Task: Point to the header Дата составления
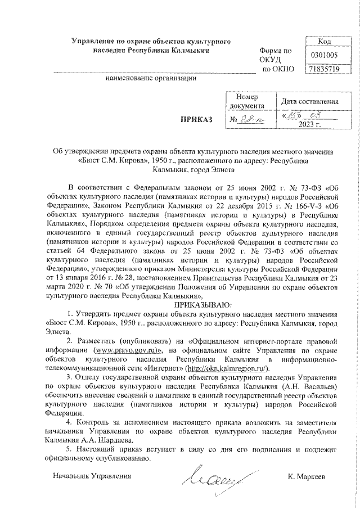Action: (310, 101)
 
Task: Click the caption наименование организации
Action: (151, 78)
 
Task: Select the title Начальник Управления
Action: (91, 476)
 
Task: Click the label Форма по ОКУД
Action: (276, 55)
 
